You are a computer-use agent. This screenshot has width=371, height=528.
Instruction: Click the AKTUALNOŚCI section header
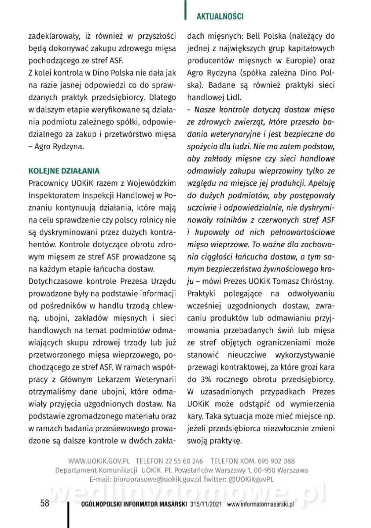click(220, 16)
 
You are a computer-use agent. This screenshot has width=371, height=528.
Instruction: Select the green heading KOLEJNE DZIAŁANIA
click(64, 170)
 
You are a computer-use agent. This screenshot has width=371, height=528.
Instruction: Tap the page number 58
click(44, 503)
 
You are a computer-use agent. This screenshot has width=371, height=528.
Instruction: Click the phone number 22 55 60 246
click(184, 461)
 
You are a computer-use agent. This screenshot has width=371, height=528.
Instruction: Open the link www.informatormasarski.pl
click(261, 504)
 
